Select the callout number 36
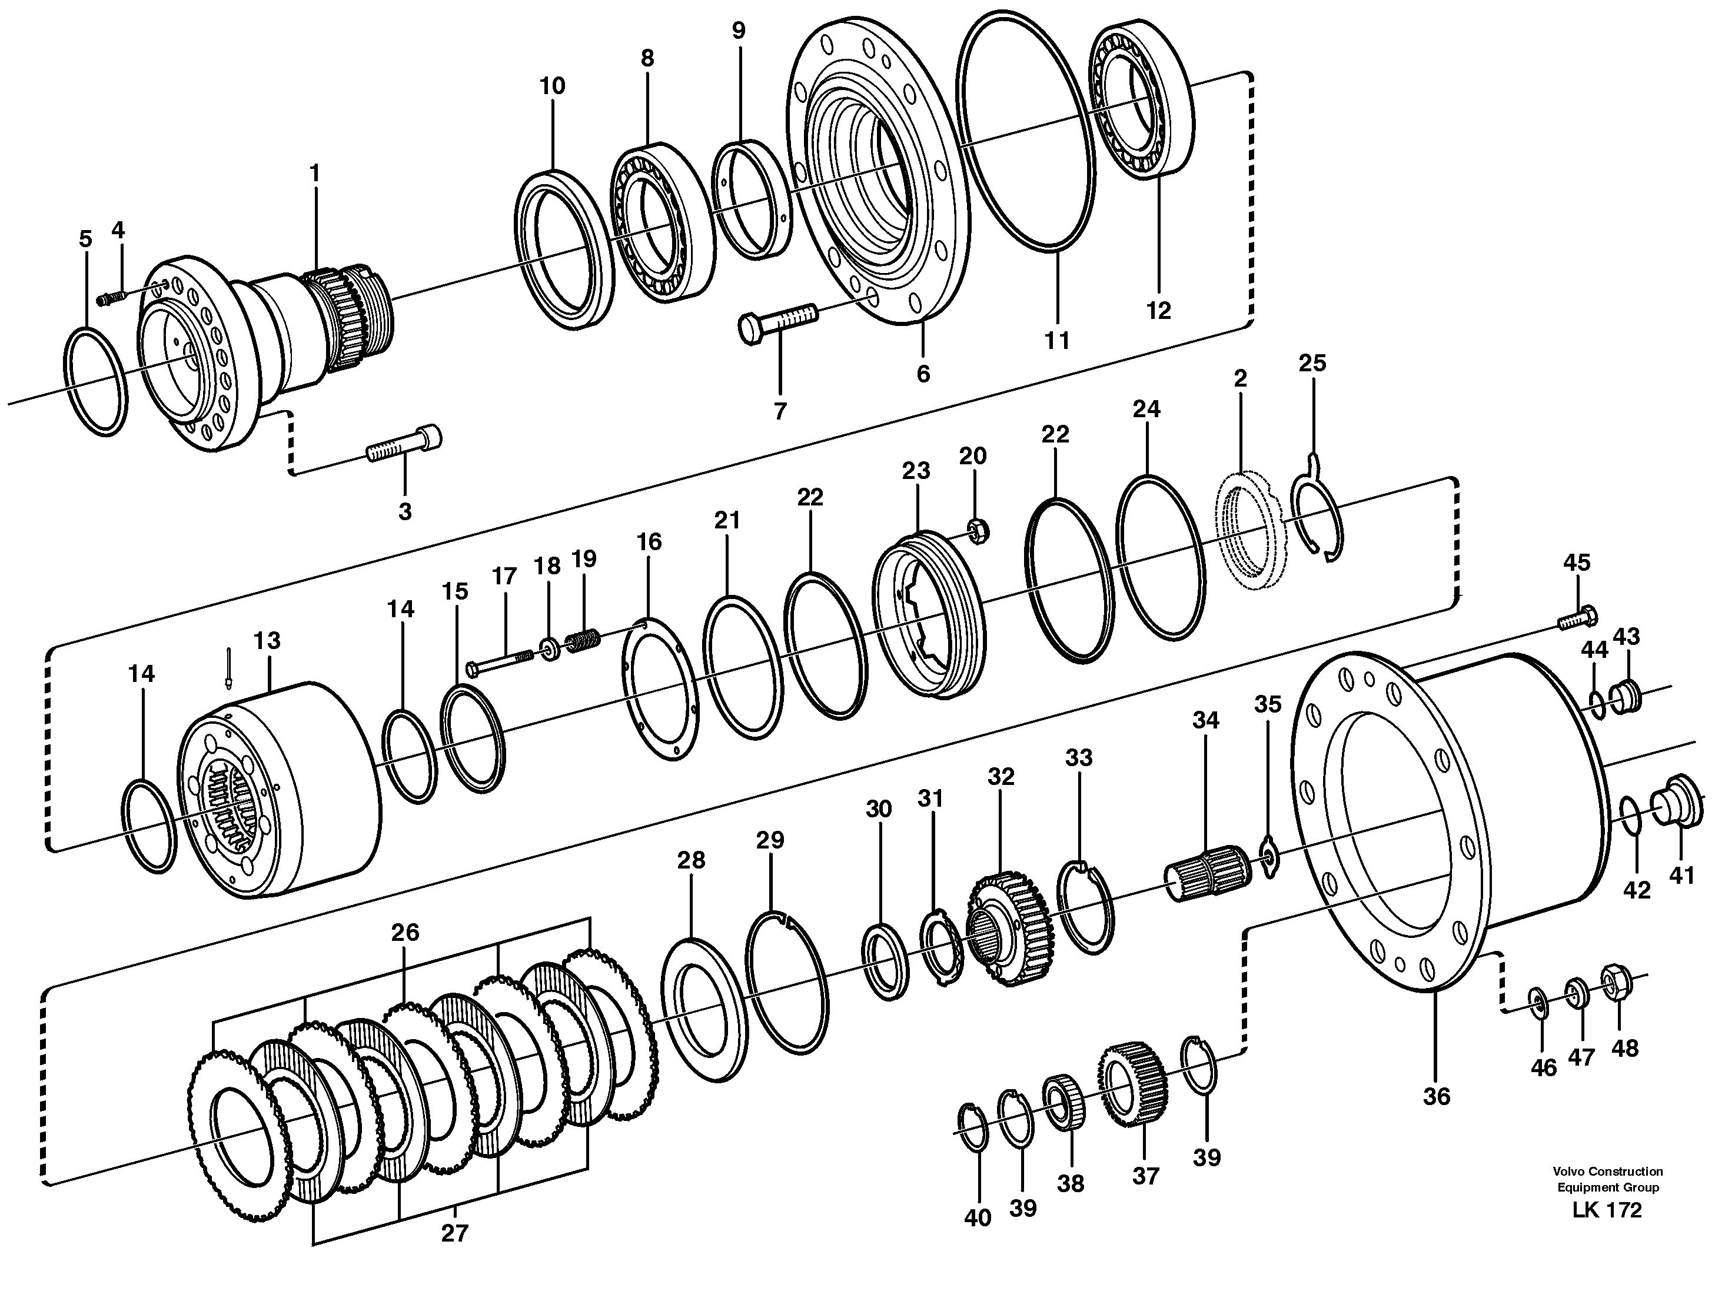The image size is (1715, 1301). (1436, 1096)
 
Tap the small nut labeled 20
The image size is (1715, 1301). (975, 530)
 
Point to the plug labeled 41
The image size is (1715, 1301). (1679, 810)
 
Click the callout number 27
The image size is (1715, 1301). (454, 1233)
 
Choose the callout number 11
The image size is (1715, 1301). (1057, 340)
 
